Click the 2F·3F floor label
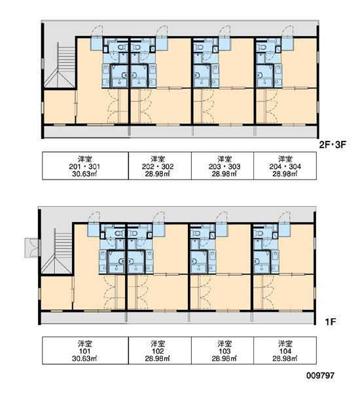click(x=333, y=145)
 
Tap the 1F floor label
click(x=331, y=322)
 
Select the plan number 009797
click(x=320, y=375)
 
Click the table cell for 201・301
click(x=85, y=166)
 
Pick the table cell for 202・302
click(x=160, y=166)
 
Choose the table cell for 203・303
click(x=223, y=166)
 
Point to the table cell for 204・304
click(x=285, y=166)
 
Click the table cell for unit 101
click(x=85, y=350)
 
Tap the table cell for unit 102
click(x=160, y=350)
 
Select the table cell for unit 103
click(x=223, y=350)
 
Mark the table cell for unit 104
click(x=285, y=350)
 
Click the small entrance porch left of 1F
click(x=31, y=248)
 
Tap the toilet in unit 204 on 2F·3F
click(x=262, y=47)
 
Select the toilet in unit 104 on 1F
click(x=259, y=233)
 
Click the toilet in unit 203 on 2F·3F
click(x=199, y=47)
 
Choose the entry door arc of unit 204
click(x=287, y=31)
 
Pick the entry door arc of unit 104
click(x=284, y=217)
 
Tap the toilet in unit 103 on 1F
click(x=196, y=233)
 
